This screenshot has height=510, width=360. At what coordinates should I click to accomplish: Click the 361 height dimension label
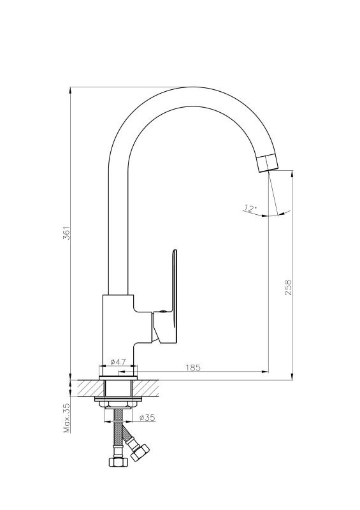coord(67,233)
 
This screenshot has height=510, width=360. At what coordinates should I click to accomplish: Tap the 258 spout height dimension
coord(289,288)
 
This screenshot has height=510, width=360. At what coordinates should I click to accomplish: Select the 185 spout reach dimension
coord(193,368)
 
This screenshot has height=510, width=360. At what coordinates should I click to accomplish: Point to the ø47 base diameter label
coord(118,361)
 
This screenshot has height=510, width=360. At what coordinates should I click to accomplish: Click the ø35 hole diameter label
coord(147,418)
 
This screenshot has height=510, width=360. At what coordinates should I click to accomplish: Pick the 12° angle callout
coord(250,208)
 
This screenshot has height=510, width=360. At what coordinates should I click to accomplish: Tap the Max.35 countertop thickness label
coord(67,418)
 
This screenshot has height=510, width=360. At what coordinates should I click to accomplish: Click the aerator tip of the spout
coord(268,163)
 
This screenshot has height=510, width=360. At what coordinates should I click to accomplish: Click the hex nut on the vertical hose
coord(116,462)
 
